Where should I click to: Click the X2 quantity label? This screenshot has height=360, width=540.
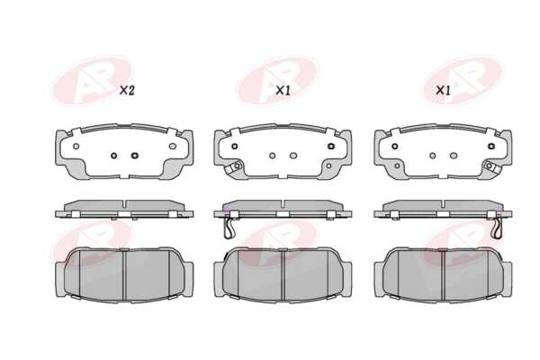pos(127,91)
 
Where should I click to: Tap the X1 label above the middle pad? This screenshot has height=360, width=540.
pos(283,91)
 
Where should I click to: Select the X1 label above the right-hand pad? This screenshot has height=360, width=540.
pos(443,91)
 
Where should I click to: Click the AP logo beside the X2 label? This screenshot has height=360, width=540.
pos(92,81)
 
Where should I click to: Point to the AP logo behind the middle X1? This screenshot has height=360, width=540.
pos(277,81)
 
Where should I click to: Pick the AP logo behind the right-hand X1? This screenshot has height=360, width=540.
pos(463,81)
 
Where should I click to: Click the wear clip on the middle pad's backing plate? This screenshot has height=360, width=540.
pos(234,166)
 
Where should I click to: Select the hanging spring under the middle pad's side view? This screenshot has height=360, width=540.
pos(229,229)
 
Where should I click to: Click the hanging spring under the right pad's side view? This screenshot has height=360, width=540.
pos(497,229)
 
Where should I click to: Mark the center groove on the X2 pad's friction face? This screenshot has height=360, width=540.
pos(125,275)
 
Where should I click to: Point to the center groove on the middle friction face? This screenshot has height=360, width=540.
pos(283,275)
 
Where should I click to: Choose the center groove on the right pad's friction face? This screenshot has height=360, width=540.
pos(443,275)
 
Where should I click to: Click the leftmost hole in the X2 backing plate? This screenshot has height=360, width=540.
pos(76,146)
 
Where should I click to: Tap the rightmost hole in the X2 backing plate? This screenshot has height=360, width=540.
pos(173,146)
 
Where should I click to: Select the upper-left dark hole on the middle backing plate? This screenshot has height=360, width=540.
pos(235,146)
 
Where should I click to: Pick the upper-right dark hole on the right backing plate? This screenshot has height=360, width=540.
pos(491,146)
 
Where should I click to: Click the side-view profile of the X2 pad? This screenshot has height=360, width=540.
pos(124,209)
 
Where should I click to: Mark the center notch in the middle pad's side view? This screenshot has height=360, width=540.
pos(283,204)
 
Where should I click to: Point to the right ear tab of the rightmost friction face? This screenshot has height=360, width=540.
pos(507,279)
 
